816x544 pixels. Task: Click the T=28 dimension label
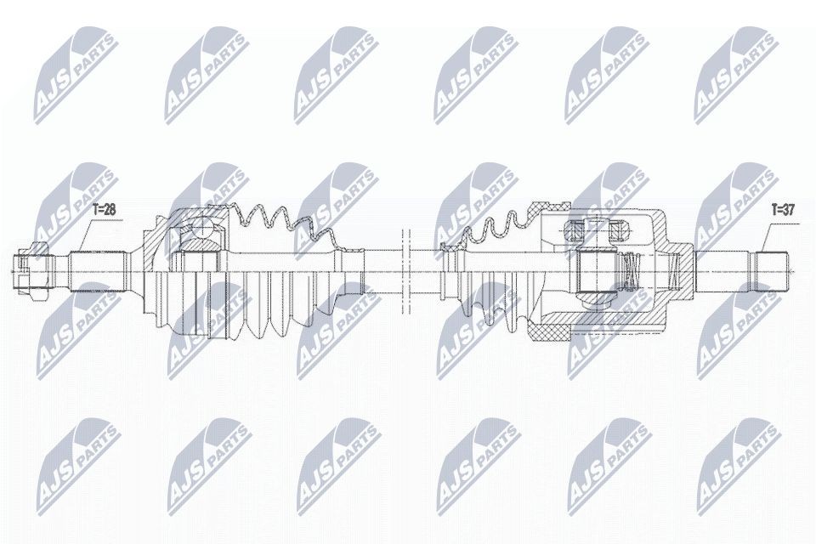tap(103, 208)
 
